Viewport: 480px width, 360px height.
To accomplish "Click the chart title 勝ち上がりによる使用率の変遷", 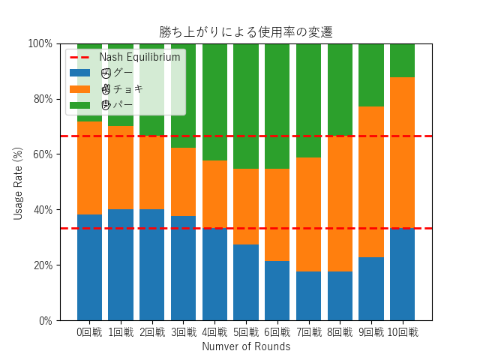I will click(245, 32).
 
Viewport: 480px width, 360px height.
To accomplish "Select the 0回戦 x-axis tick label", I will click(89, 332).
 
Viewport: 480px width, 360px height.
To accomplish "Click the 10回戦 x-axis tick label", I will click(402, 332).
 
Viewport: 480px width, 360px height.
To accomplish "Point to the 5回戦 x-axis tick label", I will click(246, 332).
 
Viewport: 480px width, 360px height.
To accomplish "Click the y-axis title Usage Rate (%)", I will click(19, 182).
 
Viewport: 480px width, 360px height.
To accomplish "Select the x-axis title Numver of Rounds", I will click(245, 346).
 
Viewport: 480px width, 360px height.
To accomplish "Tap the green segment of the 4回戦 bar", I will click(214, 102).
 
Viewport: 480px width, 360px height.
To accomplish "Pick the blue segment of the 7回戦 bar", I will click(308, 295).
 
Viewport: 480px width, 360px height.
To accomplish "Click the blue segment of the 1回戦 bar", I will click(121, 265).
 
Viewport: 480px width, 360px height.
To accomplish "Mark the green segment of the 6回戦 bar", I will click(277, 106).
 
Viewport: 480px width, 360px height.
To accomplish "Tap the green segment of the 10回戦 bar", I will click(402, 61).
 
